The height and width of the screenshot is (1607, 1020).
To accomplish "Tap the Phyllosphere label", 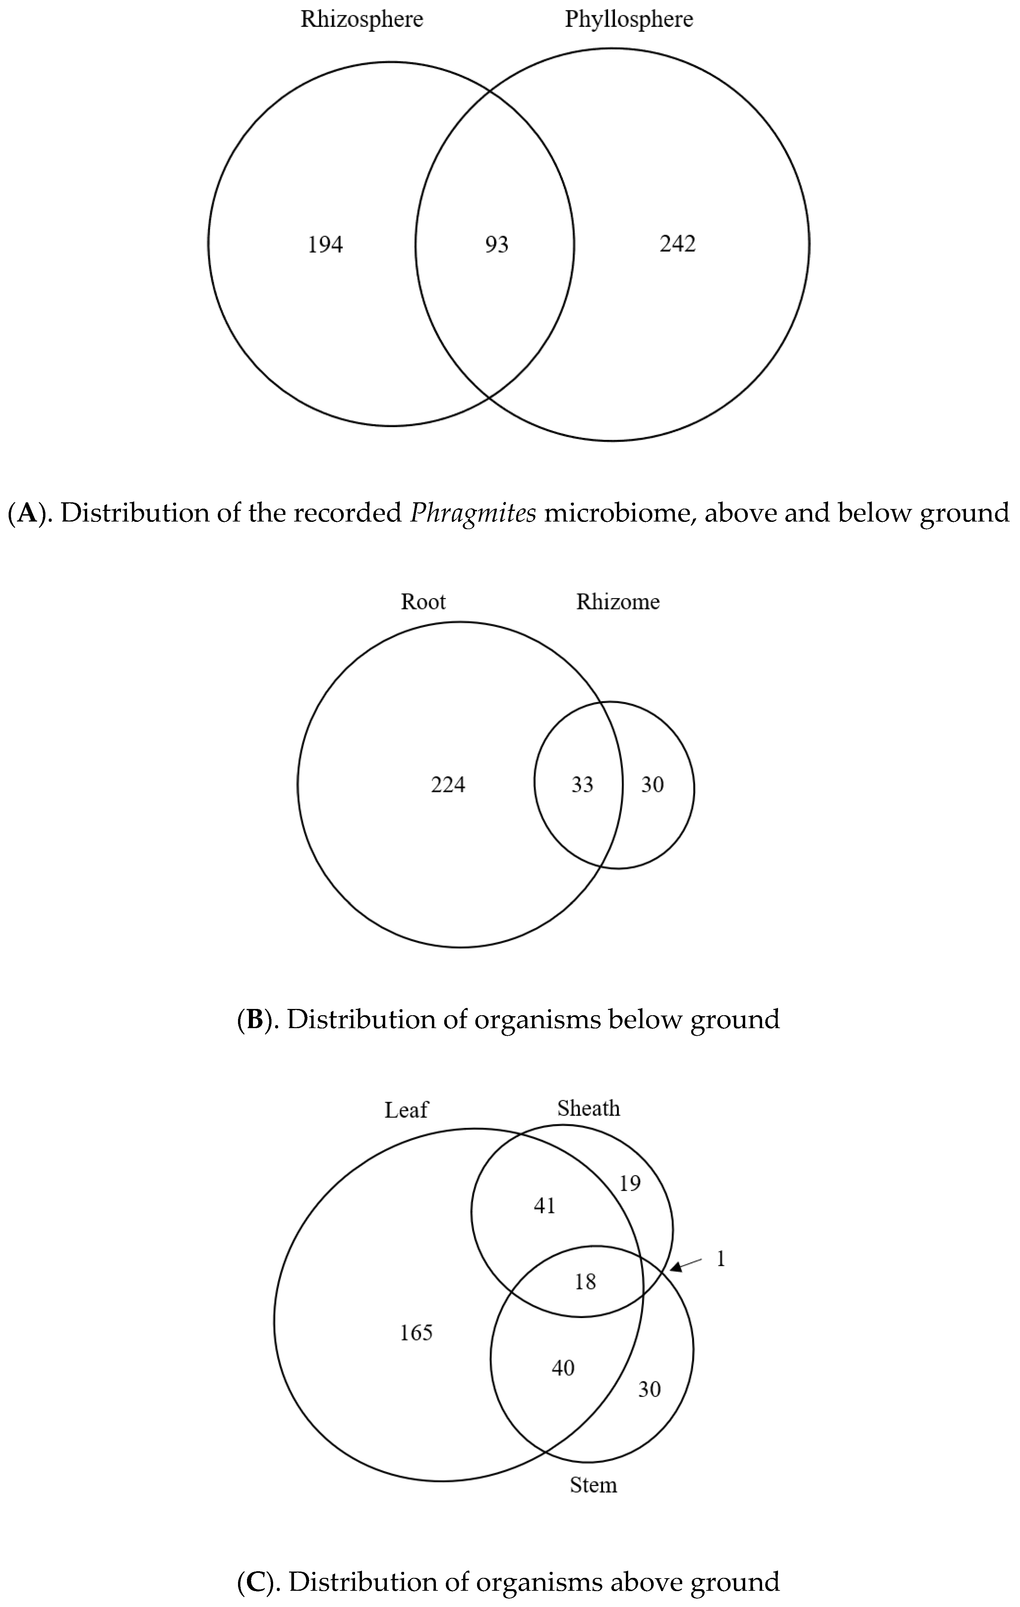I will [x=629, y=19].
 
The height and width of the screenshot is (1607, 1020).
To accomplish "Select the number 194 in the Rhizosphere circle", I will [x=325, y=245].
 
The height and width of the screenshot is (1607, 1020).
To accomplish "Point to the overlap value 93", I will [x=497, y=245].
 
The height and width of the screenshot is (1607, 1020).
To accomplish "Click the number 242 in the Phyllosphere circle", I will [x=678, y=244].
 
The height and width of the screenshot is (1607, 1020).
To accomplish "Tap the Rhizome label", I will [x=618, y=602].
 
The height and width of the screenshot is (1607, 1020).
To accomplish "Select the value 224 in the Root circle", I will [x=448, y=785].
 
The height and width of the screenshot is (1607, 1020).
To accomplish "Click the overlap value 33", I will [x=582, y=785].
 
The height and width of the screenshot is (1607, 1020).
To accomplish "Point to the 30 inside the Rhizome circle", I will [x=652, y=785].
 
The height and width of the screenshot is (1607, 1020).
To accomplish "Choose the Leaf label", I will [x=406, y=1110].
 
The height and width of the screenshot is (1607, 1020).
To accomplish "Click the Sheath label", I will [x=588, y=1108].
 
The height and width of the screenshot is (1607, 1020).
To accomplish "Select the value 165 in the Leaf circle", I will [x=416, y=1333].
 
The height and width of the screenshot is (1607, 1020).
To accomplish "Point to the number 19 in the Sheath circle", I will [x=630, y=1183].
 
